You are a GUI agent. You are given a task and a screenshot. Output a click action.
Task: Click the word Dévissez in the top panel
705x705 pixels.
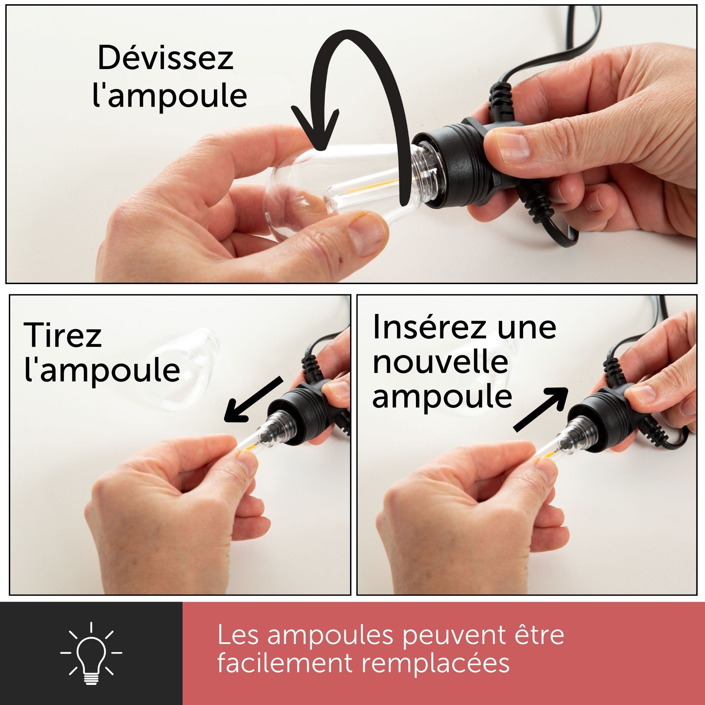tap(165, 58)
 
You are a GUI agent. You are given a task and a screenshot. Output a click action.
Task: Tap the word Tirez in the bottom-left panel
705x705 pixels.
tap(62, 335)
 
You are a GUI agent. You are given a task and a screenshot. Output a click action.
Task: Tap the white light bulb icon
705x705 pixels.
tap(91, 654)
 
